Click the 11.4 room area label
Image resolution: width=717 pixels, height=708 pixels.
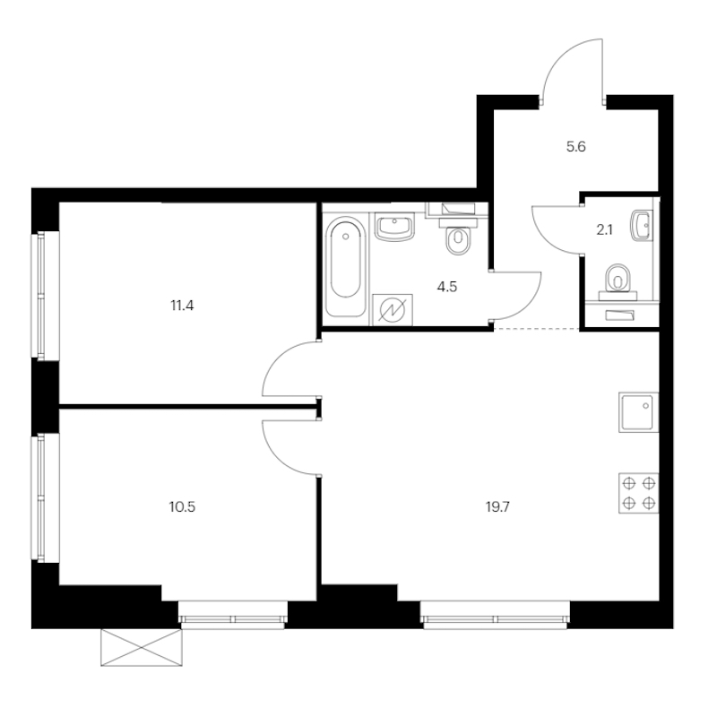coord(182,306)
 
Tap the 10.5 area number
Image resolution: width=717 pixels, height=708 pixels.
coord(182,506)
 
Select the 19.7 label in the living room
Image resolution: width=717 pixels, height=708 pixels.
coord(497,506)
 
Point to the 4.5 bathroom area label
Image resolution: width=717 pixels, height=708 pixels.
coord(446,287)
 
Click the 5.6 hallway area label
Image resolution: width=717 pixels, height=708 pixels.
coord(575,147)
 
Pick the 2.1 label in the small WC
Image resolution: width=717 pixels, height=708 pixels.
coord(604,230)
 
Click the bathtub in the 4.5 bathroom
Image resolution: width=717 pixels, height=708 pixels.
coord(346,266)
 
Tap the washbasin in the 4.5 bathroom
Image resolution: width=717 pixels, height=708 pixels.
coord(394,227)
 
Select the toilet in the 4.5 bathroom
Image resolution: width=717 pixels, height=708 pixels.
coord(457,237)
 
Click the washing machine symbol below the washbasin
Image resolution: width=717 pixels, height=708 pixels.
coord(393,309)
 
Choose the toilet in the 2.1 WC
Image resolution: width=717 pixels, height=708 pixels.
coord(618,282)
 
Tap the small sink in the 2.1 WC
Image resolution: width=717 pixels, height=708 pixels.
coord(642,226)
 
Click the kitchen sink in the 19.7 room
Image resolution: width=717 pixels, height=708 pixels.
coord(639,412)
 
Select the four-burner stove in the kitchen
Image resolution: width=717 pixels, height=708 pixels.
coord(639,493)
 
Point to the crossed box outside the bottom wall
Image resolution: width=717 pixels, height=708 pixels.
coord(142,647)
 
